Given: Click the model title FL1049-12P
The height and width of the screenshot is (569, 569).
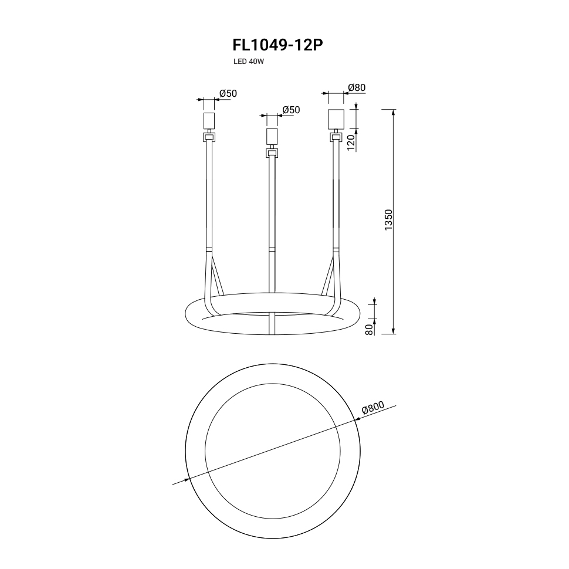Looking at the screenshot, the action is (277, 45).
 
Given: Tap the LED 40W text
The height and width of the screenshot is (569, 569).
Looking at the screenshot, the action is (249, 62).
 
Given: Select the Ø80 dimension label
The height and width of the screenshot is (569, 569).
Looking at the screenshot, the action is (356, 87).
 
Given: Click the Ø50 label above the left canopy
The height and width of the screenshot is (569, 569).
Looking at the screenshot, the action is (228, 93).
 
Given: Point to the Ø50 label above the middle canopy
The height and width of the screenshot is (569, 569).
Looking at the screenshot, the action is (291, 110).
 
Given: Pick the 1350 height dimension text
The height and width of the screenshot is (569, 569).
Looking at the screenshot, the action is (389, 219).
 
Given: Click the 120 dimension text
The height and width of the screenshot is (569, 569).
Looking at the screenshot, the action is (351, 142).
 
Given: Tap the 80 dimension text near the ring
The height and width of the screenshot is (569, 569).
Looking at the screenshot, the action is (370, 330).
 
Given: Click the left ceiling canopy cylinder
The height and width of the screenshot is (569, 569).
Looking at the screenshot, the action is (209, 121).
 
